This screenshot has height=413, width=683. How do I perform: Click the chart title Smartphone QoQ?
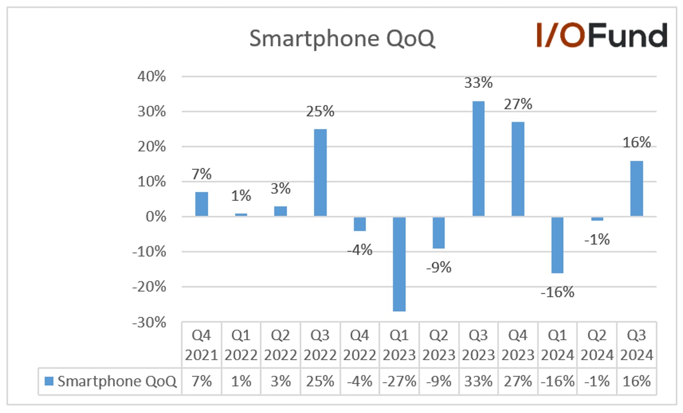342,39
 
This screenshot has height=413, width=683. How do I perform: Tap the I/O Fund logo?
602,35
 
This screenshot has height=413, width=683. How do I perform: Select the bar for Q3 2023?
479,159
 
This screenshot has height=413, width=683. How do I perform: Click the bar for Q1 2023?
399,264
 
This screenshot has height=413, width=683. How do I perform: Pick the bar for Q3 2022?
320,172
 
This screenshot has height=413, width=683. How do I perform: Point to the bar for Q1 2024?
558,245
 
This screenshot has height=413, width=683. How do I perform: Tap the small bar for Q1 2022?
241,215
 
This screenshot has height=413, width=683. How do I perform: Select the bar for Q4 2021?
201,204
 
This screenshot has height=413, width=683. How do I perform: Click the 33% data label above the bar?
479,83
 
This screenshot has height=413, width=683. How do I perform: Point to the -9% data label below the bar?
439,267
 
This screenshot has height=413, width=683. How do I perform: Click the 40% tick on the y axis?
151,76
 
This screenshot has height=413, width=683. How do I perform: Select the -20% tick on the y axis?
149,287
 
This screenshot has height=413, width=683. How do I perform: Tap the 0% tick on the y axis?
156,217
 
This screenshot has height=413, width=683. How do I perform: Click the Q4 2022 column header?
360,345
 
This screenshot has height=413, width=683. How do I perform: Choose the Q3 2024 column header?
637,345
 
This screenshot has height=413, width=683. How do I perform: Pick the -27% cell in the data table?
399,381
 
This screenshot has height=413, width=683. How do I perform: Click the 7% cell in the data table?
201,381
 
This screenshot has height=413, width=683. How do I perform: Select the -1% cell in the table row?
597,381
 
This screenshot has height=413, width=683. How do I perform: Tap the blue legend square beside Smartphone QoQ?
49,381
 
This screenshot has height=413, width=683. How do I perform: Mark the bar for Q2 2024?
597,219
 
